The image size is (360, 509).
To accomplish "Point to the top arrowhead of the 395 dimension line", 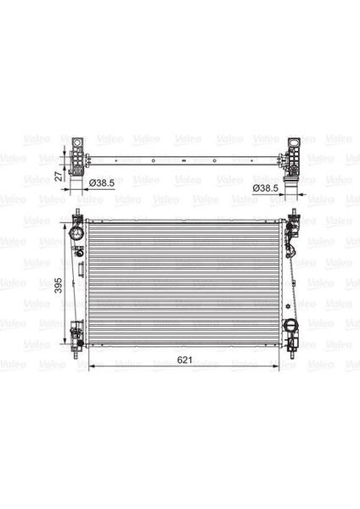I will coord(67,221).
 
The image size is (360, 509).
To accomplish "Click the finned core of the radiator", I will coord(185,284).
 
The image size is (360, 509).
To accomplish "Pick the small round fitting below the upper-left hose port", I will coord(78,251).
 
